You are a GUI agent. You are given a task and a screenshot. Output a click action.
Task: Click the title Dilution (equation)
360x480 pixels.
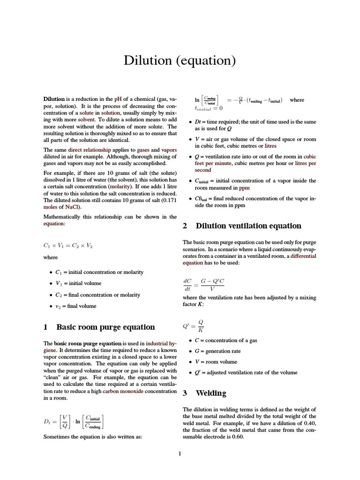(x=180, y=61)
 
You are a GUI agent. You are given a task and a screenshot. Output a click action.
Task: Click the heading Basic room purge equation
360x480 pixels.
(x=105, y=327)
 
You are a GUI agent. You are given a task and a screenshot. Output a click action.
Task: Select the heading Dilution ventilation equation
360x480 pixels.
(x=248, y=226)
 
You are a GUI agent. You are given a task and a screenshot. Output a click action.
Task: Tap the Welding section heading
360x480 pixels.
(x=211, y=393)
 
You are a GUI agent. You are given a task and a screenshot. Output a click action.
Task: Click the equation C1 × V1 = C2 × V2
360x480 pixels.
(x=68, y=245)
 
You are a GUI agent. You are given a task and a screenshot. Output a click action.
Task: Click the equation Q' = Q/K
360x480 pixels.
(x=193, y=325)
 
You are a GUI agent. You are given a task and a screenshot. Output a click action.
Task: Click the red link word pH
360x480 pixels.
(x=118, y=99)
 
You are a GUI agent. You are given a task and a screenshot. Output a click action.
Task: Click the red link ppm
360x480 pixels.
(x=244, y=188)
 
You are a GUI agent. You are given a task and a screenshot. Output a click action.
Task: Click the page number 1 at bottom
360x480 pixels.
(x=180, y=453)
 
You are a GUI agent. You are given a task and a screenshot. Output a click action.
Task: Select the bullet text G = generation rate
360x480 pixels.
(x=217, y=351)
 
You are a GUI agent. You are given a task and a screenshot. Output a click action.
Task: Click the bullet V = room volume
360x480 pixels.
(x=216, y=362)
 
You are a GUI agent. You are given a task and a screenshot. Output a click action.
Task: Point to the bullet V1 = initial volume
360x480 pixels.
(x=78, y=283)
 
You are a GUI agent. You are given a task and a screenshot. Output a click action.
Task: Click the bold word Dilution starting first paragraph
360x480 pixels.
(x=54, y=99)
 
